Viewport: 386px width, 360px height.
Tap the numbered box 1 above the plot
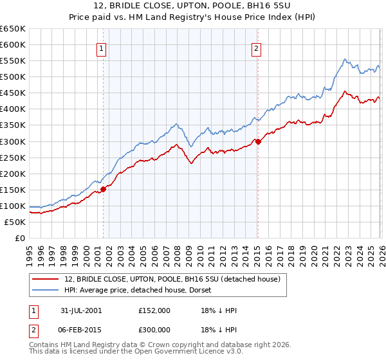click(102, 48)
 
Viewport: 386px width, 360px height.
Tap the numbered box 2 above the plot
click(257, 48)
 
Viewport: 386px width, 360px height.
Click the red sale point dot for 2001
click(104, 188)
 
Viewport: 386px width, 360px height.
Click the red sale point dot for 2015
click(257, 141)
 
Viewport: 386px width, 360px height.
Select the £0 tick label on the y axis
click(19, 238)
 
